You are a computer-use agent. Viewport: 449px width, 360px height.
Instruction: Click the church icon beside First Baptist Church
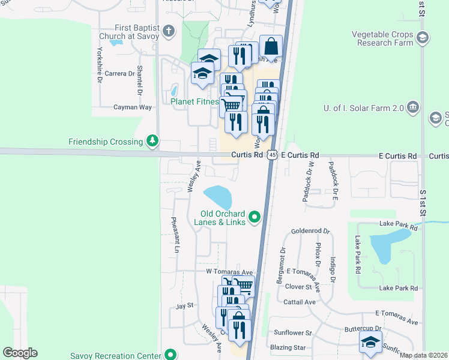pos(169,31)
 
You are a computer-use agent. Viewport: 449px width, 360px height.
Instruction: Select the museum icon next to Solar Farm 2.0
pos(412,107)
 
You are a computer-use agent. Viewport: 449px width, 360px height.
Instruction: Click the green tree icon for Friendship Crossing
pos(153,142)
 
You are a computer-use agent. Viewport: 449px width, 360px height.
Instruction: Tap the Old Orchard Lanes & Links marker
pos(255,217)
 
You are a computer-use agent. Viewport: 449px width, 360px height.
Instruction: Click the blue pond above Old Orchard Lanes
pos(217,197)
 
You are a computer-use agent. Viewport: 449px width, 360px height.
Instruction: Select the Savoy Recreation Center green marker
pos(171,355)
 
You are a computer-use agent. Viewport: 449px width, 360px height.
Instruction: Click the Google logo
pos(20,353)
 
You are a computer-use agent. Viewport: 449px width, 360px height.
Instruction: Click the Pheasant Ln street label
pos(176,234)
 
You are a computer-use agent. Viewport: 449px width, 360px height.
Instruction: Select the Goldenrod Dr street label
pos(310,230)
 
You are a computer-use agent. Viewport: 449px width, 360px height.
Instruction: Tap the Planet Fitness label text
pos(194,101)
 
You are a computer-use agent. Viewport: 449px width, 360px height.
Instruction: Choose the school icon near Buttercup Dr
pos(370,343)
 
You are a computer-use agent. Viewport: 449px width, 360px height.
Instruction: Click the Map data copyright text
pos(423,355)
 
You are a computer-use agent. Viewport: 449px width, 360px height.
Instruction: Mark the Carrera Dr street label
pos(119,73)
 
